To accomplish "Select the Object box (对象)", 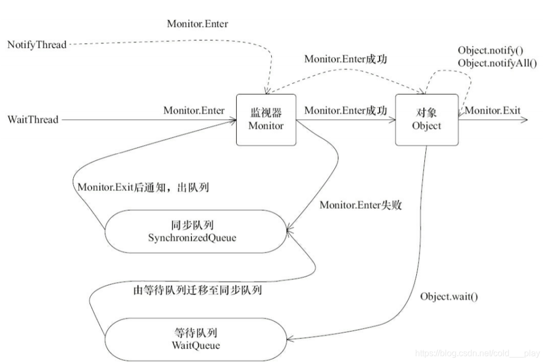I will pos(426,119).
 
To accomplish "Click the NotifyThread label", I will pos(37,45).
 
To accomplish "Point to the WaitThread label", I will pos(33,119).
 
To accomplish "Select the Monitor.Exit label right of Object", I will pos(493,111).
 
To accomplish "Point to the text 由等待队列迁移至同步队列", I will pos(197,290).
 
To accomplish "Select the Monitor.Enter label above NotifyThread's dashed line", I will pos(197,24).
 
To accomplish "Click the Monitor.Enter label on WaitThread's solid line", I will pos(194,111).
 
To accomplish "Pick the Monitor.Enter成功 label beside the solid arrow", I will pos(346,111).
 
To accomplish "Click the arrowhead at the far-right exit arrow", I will pos(524,120).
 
